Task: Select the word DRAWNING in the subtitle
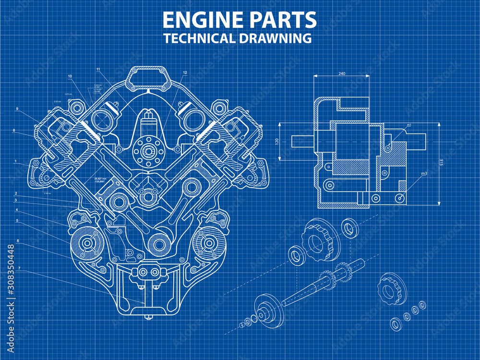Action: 274,39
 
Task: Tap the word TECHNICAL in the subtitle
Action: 199,39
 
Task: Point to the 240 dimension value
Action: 342,73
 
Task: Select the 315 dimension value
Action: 441,162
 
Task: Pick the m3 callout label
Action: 424,173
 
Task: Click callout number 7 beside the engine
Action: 19,268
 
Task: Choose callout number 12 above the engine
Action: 185,72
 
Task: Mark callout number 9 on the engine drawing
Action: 17,109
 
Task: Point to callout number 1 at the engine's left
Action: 16,161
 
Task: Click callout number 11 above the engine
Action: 98,70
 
